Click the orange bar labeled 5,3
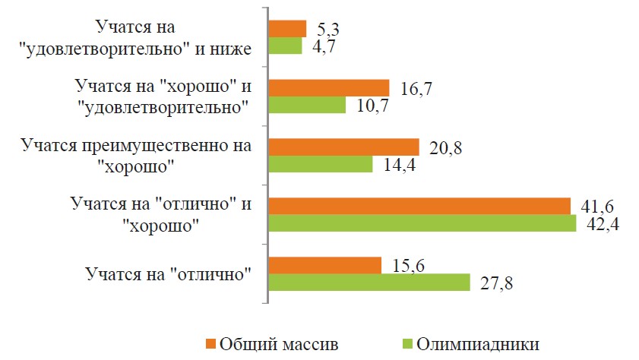point(288,29)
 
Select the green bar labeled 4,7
point(286,46)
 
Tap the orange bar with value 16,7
point(329,88)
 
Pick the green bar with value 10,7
point(308,105)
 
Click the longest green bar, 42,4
point(422,223)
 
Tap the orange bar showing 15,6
point(325,265)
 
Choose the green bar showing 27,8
point(370,283)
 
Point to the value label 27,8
point(498,283)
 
